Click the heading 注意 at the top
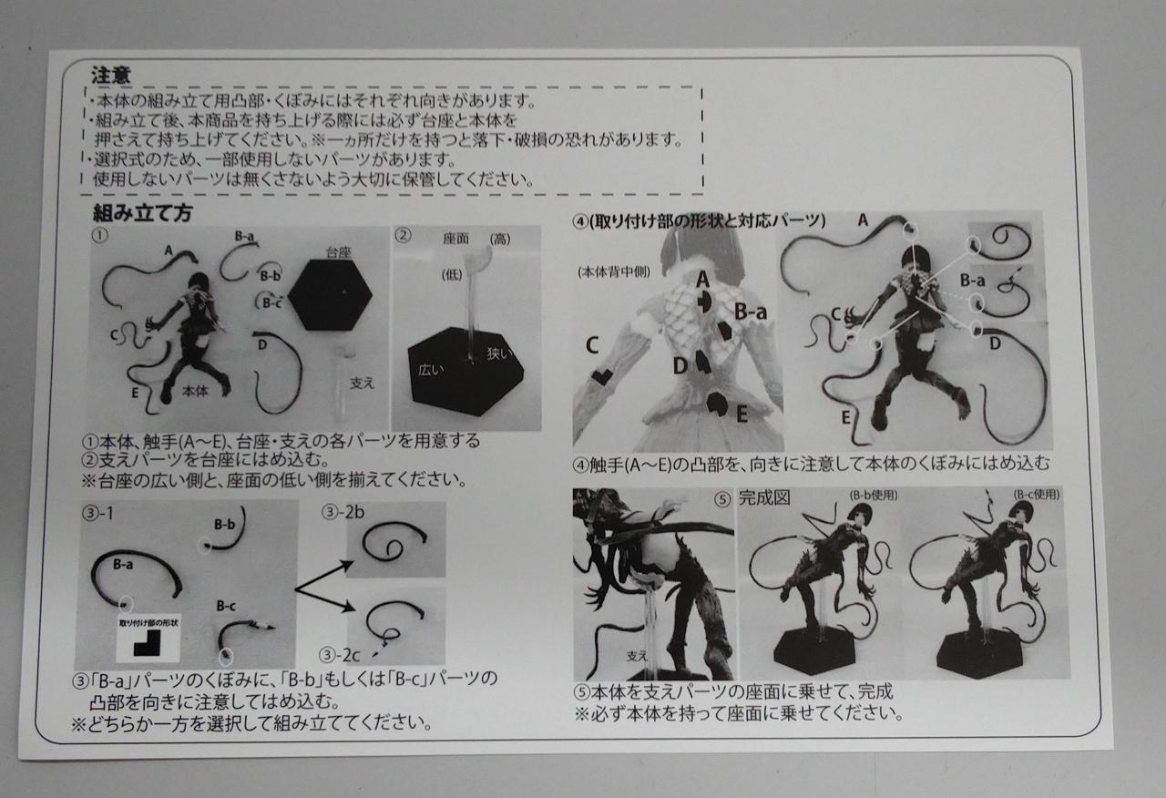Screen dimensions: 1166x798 pyautogui.click(x=111, y=76)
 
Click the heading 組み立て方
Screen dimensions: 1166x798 pyautogui.click(x=143, y=213)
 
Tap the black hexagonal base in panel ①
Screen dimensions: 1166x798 pyautogui.click(x=330, y=294)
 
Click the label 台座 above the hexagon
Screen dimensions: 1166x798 pyautogui.click(x=338, y=252)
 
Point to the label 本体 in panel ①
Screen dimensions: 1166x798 pyautogui.click(x=195, y=391)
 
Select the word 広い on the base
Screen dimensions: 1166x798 pyautogui.click(x=431, y=370)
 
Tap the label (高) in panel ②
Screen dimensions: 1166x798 pyautogui.click(x=500, y=239)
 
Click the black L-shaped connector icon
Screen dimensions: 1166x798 pyautogui.click(x=148, y=643)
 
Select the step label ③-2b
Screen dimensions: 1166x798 pyautogui.click(x=343, y=513)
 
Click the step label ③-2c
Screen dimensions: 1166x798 pyautogui.click(x=340, y=655)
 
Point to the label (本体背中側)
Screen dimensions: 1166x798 pyautogui.click(x=614, y=271)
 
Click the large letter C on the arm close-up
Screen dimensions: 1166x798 pyautogui.click(x=592, y=345)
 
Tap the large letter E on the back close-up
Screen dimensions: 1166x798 pyautogui.click(x=742, y=414)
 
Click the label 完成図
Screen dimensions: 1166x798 pyautogui.click(x=764, y=498)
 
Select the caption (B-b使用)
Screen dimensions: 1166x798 pyautogui.click(x=874, y=495)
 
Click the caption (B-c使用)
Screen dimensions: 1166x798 pyautogui.click(x=1037, y=494)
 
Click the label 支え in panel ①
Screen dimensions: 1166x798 pyautogui.click(x=362, y=384)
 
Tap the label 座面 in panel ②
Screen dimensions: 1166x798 pyautogui.click(x=456, y=239)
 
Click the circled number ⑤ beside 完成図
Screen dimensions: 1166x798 pyautogui.click(x=722, y=499)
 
